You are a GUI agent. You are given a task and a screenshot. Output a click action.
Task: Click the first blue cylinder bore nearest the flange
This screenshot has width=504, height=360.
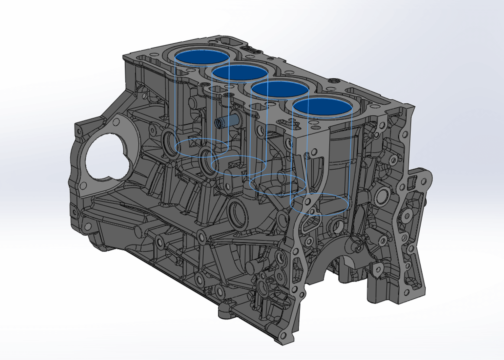pos(201,59)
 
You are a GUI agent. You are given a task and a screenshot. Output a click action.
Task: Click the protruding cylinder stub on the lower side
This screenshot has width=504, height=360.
pos(253,266)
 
